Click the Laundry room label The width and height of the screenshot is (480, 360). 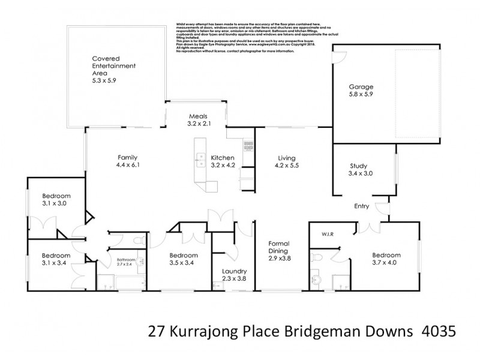point(231,271)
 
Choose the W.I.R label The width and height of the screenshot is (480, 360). point(328,234)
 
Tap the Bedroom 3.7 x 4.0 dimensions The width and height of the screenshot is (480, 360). point(384,262)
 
